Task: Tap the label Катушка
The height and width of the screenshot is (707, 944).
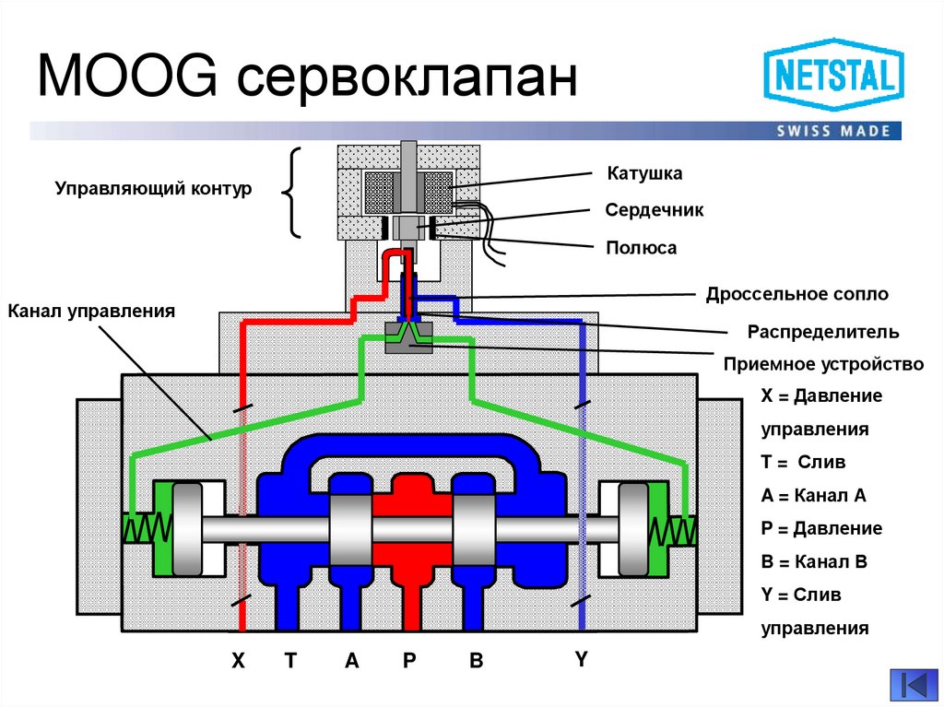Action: [643, 173]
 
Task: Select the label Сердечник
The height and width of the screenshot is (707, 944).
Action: [654, 210]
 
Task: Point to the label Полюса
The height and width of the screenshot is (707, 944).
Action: [642, 247]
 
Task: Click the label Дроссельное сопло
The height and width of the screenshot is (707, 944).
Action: [797, 295]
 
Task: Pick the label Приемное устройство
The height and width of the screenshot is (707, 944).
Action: [823, 364]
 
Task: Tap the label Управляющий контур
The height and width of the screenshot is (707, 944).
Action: [153, 188]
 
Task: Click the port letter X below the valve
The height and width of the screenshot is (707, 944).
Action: [239, 660]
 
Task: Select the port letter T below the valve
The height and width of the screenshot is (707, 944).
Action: [290, 660]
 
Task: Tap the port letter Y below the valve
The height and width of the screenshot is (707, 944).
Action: [581, 659]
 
